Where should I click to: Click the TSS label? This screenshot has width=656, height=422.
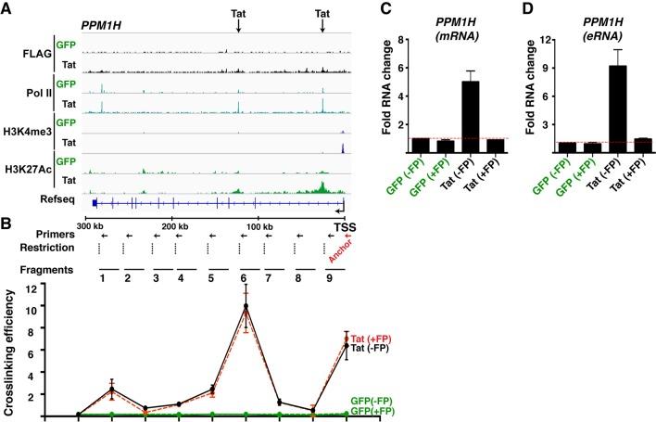pos(344,225)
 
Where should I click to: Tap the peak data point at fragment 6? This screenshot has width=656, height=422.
pos(246,306)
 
